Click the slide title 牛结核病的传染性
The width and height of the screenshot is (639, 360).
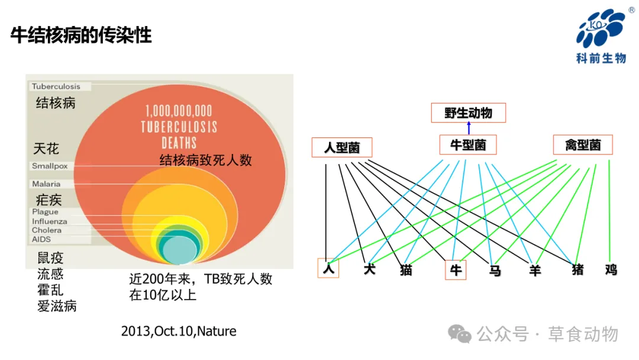coord(81,36)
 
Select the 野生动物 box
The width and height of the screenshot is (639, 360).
coord(468,112)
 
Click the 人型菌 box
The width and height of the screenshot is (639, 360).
coord(342,147)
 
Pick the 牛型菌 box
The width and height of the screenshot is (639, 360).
coord(468,144)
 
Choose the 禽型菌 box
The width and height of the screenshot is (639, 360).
coord(583,144)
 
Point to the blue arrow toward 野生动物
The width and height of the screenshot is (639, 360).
coord(469,127)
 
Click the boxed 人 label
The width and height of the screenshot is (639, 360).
coord(328,268)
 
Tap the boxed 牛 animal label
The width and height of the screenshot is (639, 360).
coord(455,270)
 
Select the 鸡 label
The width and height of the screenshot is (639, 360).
coord(611,270)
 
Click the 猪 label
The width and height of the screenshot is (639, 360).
coord(577,270)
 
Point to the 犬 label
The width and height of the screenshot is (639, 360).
coord(370,269)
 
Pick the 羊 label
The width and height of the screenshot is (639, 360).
coord(535,270)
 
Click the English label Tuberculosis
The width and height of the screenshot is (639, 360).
coord(56,86)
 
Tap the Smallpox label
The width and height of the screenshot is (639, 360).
coord(50,166)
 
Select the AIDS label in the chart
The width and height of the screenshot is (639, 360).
coord(41,239)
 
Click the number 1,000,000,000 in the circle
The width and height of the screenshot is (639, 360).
coord(179,111)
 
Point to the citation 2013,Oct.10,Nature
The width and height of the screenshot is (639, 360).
coord(179,331)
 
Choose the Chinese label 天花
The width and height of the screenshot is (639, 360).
coord(46,148)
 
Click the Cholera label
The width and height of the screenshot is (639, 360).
coord(47,230)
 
